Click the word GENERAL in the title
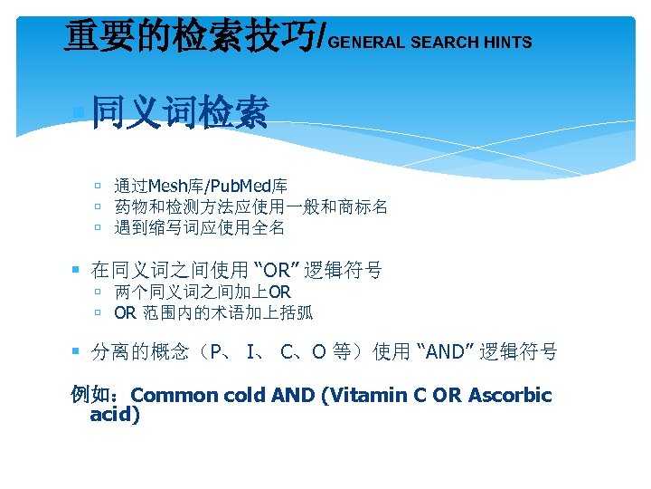pos(368,43)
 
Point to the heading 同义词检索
pos(180,115)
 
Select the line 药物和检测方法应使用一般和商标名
pos(250,207)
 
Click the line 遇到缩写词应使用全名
pos(199,227)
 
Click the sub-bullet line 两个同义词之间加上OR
pos(203,292)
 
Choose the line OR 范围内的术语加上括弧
pos(213,313)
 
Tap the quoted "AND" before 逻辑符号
pos(444,351)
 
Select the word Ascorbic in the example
pos(510,395)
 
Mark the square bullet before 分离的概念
pos(77,351)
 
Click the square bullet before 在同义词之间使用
pos(77,270)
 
